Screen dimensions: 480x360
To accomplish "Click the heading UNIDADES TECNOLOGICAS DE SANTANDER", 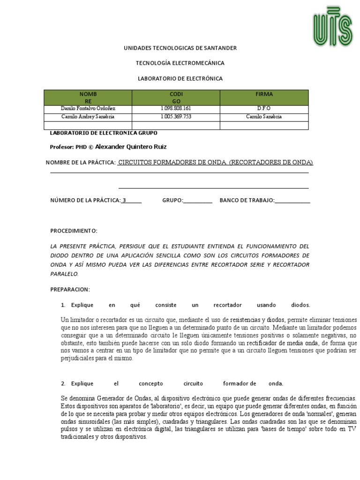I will (180, 48).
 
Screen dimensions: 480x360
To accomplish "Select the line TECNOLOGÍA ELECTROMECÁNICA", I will (180, 63).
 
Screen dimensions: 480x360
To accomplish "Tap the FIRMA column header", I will (264, 94).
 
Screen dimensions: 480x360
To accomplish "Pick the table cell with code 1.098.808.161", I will (176, 109).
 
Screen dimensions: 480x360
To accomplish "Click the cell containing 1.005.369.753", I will (176, 117).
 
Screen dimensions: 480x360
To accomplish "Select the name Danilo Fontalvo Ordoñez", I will (88, 109).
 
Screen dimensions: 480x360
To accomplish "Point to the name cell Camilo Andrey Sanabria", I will (88, 117).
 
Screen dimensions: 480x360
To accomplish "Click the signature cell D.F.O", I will (264, 109).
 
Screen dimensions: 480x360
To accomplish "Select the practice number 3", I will (124, 200).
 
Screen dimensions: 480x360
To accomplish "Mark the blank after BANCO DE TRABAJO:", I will (292, 201).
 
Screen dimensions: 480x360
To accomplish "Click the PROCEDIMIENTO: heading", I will (74, 231).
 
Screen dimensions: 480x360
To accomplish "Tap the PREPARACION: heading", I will (70, 289).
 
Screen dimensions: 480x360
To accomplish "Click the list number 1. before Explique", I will (63, 305).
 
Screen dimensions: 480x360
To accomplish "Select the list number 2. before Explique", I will (63, 383).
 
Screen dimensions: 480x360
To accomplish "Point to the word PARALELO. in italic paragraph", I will (65, 274).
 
